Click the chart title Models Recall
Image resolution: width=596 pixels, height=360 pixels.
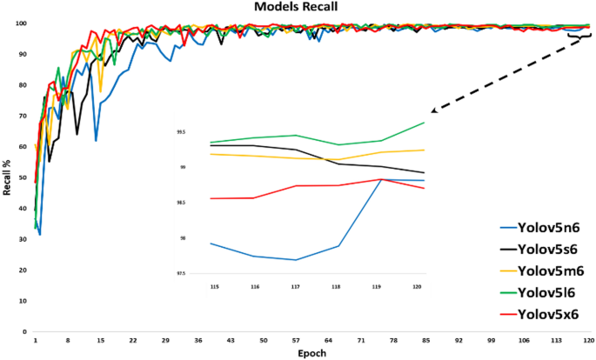pyautogui.click(x=297, y=7)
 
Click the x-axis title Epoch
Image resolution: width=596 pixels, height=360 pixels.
pyautogui.click(x=311, y=354)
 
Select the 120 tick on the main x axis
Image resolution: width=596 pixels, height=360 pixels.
pyautogui.click(x=589, y=342)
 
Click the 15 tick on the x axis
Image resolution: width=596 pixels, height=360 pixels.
pyautogui.click(x=100, y=342)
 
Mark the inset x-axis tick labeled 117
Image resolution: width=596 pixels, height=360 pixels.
pyautogui.click(x=296, y=285)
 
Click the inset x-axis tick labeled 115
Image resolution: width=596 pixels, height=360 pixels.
pyautogui.click(x=211, y=285)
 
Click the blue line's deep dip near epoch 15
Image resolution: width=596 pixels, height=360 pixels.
pyautogui.click(x=96, y=140)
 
